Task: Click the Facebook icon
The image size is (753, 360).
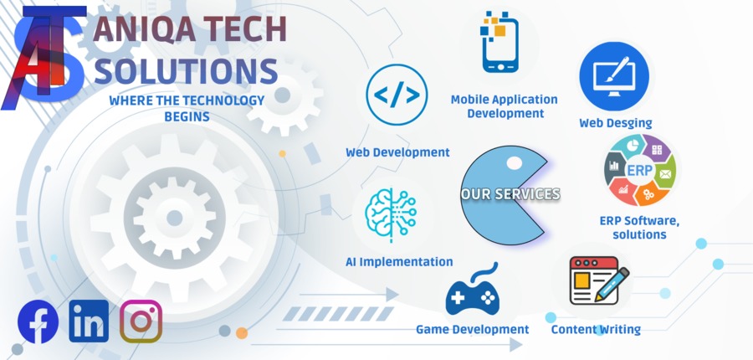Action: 38,321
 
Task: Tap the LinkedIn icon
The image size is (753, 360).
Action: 89,321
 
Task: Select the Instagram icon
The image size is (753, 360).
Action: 141,321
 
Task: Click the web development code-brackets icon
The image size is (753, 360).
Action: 397,95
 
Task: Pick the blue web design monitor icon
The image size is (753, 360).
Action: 614,76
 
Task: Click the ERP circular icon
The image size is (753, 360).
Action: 640,171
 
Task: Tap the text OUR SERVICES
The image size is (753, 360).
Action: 510,194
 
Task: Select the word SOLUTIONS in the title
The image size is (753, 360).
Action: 186,70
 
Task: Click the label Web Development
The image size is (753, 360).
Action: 397,152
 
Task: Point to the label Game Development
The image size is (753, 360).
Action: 472,329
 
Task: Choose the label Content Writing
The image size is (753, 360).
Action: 596,329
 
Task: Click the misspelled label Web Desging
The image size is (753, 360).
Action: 616,123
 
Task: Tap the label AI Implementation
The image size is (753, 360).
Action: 399,262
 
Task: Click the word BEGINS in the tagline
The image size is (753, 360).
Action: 187,116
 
